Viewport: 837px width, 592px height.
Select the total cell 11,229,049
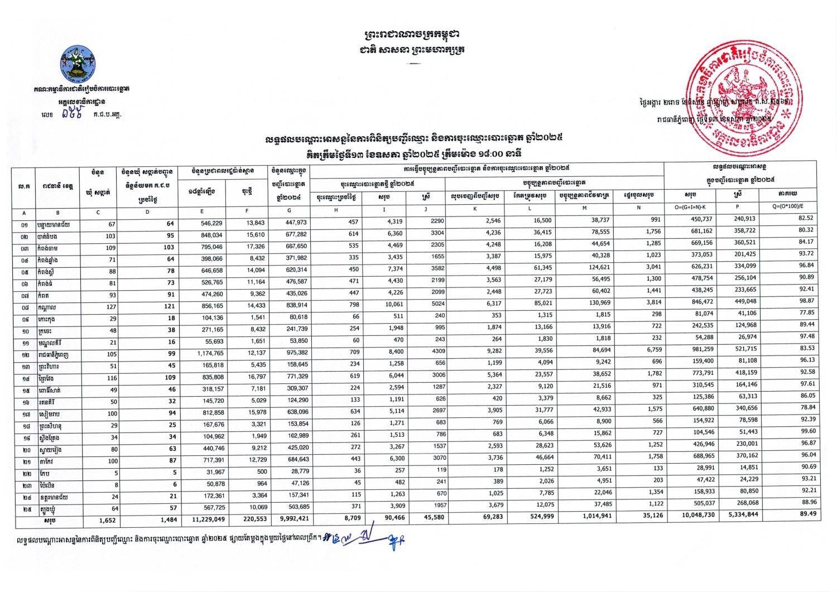[x=209, y=517]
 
